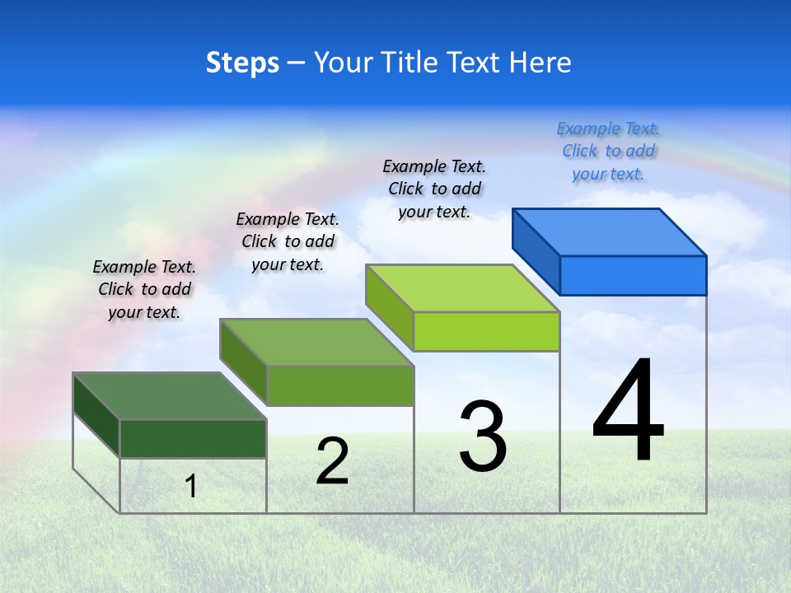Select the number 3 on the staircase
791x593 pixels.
click(483, 437)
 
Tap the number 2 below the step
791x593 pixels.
click(332, 461)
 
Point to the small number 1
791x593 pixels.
click(191, 486)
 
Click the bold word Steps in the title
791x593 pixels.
click(242, 63)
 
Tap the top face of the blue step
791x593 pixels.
click(610, 231)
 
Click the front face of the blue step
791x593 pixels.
click(633, 275)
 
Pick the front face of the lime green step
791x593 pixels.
click(486, 331)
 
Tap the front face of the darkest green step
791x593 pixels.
click(193, 438)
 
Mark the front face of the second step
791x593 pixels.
click(339, 385)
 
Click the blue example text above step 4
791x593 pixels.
click(608, 151)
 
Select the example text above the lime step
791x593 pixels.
click(434, 189)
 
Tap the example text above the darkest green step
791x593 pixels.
click(144, 289)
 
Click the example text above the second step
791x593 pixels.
click(288, 241)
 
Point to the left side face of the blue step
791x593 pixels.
click(536, 250)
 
